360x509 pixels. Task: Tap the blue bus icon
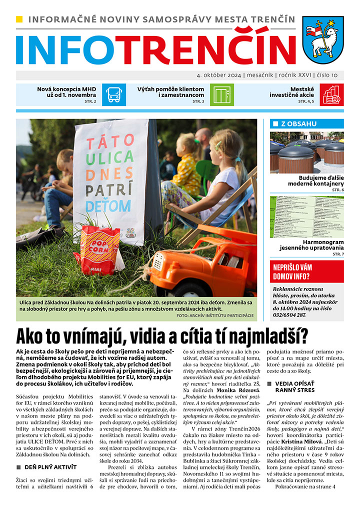click(x=114, y=94)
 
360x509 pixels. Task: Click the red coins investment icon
click(x=331, y=94)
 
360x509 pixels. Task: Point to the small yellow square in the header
click(x=19, y=19)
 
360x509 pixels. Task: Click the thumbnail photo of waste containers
click(x=306, y=152)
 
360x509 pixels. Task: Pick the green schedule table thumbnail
click(x=306, y=215)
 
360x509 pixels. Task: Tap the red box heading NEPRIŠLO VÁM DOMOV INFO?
click(x=306, y=270)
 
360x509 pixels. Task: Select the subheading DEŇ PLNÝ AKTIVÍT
click(x=51, y=467)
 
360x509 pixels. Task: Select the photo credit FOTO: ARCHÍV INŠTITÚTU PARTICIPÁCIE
click(x=215, y=315)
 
